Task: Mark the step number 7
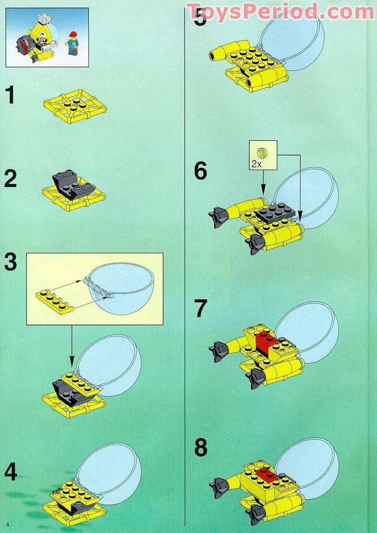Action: pos(201,309)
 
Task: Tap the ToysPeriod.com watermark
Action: pos(280,10)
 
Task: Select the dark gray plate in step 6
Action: pos(275,213)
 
